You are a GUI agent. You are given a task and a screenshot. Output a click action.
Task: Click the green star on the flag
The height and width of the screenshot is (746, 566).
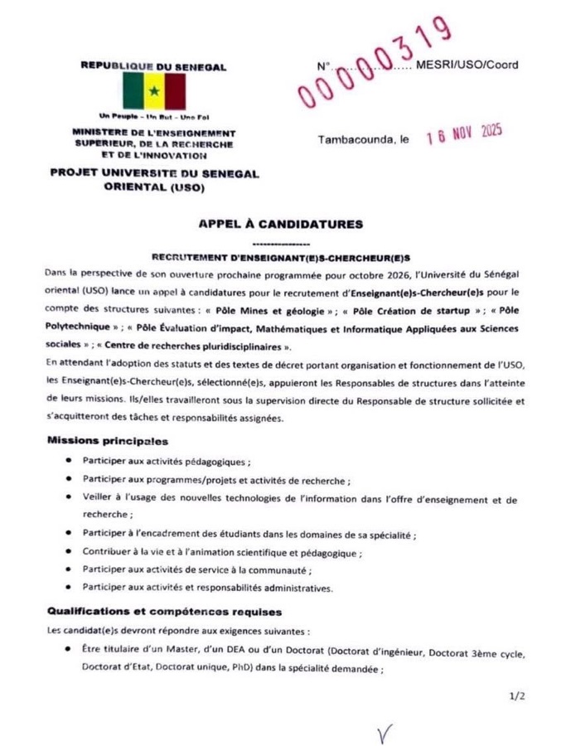click(x=154, y=90)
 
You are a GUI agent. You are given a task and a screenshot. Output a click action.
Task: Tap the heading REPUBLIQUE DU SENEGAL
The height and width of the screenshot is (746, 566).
click(x=153, y=65)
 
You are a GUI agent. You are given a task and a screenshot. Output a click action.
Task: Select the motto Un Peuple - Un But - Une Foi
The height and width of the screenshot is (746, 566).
click(x=154, y=117)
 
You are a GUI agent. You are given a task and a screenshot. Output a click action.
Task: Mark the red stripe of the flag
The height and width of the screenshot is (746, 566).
click(x=173, y=90)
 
